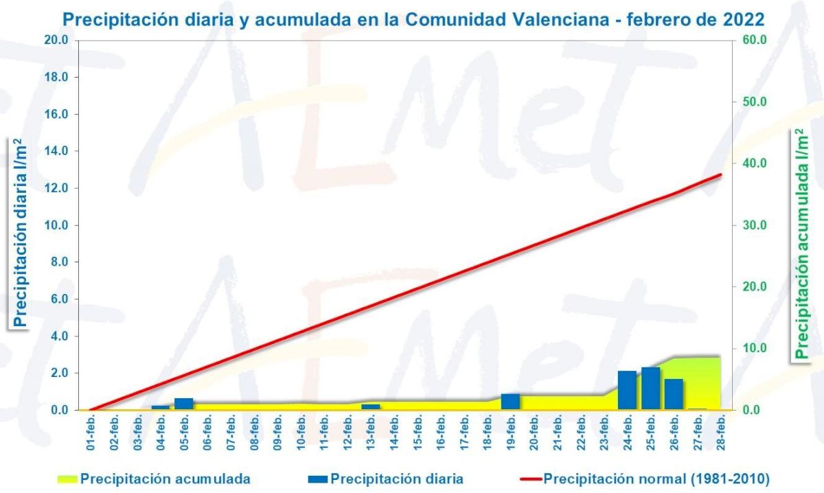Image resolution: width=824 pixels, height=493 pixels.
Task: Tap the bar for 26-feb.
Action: click(674, 394)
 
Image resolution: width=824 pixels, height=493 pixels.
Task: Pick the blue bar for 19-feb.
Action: click(510, 402)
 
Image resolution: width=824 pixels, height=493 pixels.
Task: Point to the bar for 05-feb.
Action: click(183, 404)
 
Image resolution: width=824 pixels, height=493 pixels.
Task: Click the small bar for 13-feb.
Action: click(370, 407)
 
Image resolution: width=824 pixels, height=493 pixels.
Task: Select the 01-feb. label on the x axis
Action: click(91, 434)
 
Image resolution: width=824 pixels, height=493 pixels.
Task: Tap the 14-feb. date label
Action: click(394, 434)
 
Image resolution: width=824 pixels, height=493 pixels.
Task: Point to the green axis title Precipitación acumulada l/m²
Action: click(801, 244)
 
